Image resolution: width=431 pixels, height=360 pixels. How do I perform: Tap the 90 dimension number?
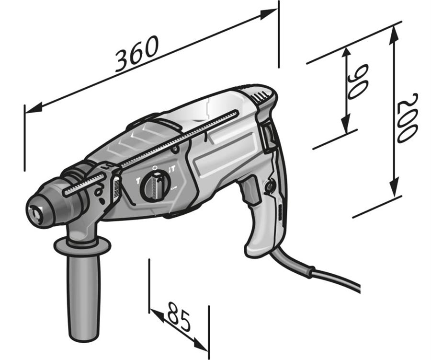[358, 81]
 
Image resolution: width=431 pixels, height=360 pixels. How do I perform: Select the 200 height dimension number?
[408, 118]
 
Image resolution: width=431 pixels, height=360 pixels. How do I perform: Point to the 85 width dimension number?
[179, 317]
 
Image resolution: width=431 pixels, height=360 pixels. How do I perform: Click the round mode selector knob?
[156, 185]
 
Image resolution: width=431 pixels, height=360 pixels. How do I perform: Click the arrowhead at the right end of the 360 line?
[268, 14]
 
